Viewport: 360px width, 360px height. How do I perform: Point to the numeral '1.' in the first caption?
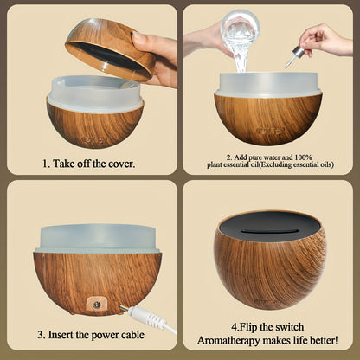(x=47, y=163)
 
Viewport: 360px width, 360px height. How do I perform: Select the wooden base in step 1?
(x=94, y=126)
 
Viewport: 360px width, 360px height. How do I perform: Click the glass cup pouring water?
(x=239, y=30)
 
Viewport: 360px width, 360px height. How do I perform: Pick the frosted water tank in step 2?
(x=267, y=84)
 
